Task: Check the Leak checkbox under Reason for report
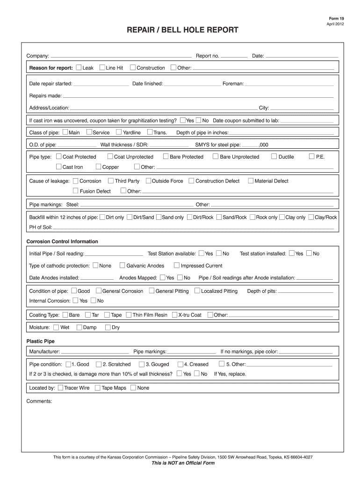pos(79,68)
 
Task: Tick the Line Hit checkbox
pos(102,68)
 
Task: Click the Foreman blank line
pos(289,84)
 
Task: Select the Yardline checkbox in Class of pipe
pos(119,132)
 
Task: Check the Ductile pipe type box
pos(274,157)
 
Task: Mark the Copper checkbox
pos(99,167)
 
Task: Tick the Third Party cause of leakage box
pos(111,181)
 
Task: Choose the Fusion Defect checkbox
pos(76,191)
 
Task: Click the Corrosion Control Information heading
pos(62,242)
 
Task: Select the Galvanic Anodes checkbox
pos(122,266)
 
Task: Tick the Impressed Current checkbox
pos(177,266)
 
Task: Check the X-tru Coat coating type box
pos(174,315)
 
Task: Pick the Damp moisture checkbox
pos(79,327)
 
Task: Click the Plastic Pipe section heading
pos(40,341)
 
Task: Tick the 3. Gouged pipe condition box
pos(141,364)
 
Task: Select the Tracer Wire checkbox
pos(60,388)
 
